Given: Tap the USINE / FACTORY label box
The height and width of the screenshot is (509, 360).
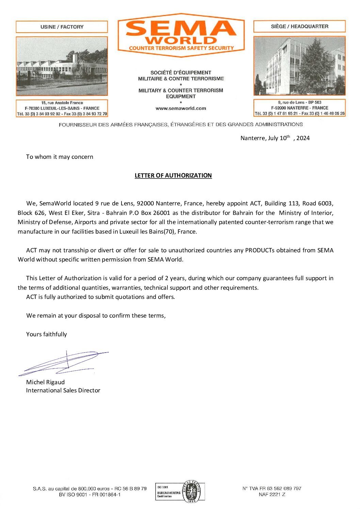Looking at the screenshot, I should pos(62,27).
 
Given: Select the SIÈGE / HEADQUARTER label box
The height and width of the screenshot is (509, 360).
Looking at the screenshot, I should pos(299,27).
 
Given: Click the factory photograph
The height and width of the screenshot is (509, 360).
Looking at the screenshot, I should pos(62,66).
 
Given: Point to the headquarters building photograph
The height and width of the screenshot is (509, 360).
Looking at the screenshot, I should pos(299,66).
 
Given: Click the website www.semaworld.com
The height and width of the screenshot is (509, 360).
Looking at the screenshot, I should pos(181,108).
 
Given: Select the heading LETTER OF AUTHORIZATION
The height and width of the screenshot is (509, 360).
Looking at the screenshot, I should pos(173,175).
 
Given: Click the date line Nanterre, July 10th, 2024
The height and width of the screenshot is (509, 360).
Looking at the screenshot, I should pos(275,138).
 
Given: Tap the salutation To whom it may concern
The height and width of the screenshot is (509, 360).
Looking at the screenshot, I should pos(60,157).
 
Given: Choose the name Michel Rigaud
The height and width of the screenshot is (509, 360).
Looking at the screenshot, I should pos(45,382).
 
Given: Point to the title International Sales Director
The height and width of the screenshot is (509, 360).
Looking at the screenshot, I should pos(63,390).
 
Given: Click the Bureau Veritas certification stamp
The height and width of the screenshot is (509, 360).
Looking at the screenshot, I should pos(180,492).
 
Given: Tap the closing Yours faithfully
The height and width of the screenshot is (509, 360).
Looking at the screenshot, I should pos(46,334).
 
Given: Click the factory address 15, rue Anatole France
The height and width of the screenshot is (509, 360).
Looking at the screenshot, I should pos(62,103).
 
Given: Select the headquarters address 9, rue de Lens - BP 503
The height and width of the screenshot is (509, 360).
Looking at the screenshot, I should pos(299,102).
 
